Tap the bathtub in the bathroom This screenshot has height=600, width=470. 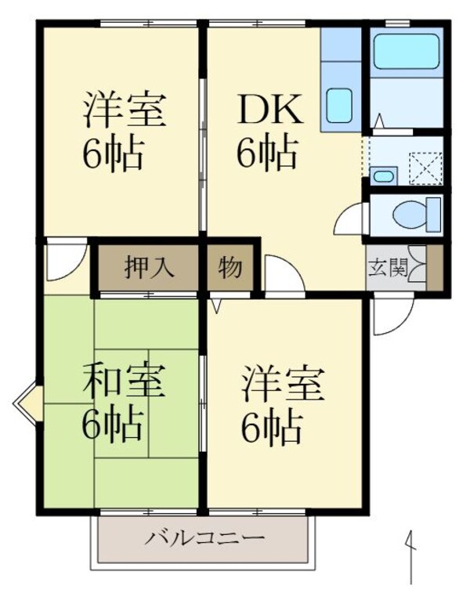click(405, 52)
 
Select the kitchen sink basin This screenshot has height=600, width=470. click(340, 105)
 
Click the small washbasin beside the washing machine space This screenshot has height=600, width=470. click(382, 175)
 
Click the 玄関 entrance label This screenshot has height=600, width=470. click(388, 269)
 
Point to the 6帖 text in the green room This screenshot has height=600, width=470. click(114, 425)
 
